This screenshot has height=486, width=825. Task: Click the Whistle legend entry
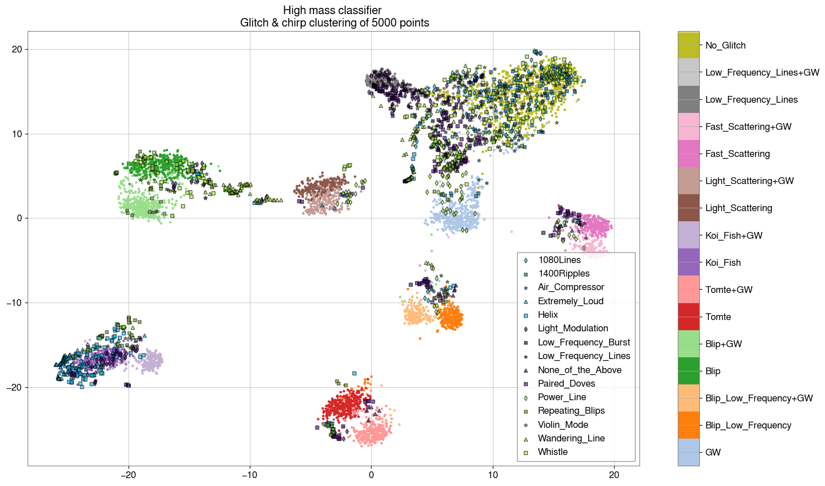pyautogui.click(x=552, y=452)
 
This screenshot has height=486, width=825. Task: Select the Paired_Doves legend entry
pyautogui.click(x=566, y=384)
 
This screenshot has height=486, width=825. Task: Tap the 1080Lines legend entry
pyautogui.click(x=559, y=260)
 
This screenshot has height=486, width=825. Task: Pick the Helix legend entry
pyautogui.click(x=548, y=315)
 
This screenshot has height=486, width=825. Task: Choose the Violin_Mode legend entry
pyautogui.click(x=563, y=425)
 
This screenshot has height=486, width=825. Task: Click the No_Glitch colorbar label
pyautogui.click(x=725, y=46)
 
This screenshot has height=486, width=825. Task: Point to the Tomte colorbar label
pyautogui.click(x=718, y=317)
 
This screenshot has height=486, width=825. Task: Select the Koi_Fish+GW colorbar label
pyautogui.click(x=734, y=236)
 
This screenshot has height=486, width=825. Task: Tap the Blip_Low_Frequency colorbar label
pyautogui.click(x=748, y=426)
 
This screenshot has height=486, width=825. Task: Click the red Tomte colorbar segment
pyautogui.click(x=689, y=317)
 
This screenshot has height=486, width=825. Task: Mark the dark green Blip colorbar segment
pyautogui.click(x=689, y=371)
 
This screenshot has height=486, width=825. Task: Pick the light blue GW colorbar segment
pyautogui.click(x=689, y=452)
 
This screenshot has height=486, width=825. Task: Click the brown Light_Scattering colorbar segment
pyautogui.click(x=689, y=208)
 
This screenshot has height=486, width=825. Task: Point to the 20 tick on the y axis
pyautogui.click(x=16, y=50)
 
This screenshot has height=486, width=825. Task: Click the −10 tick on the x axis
pyautogui.click(x=250, y=475)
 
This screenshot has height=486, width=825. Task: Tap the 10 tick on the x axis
pyautogui.click(x=492, y=475)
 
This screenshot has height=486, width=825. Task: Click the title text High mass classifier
pyautogui.click(x=332, y=11)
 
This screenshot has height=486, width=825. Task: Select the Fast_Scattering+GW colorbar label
pyautogui.click(x=748, y=127)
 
